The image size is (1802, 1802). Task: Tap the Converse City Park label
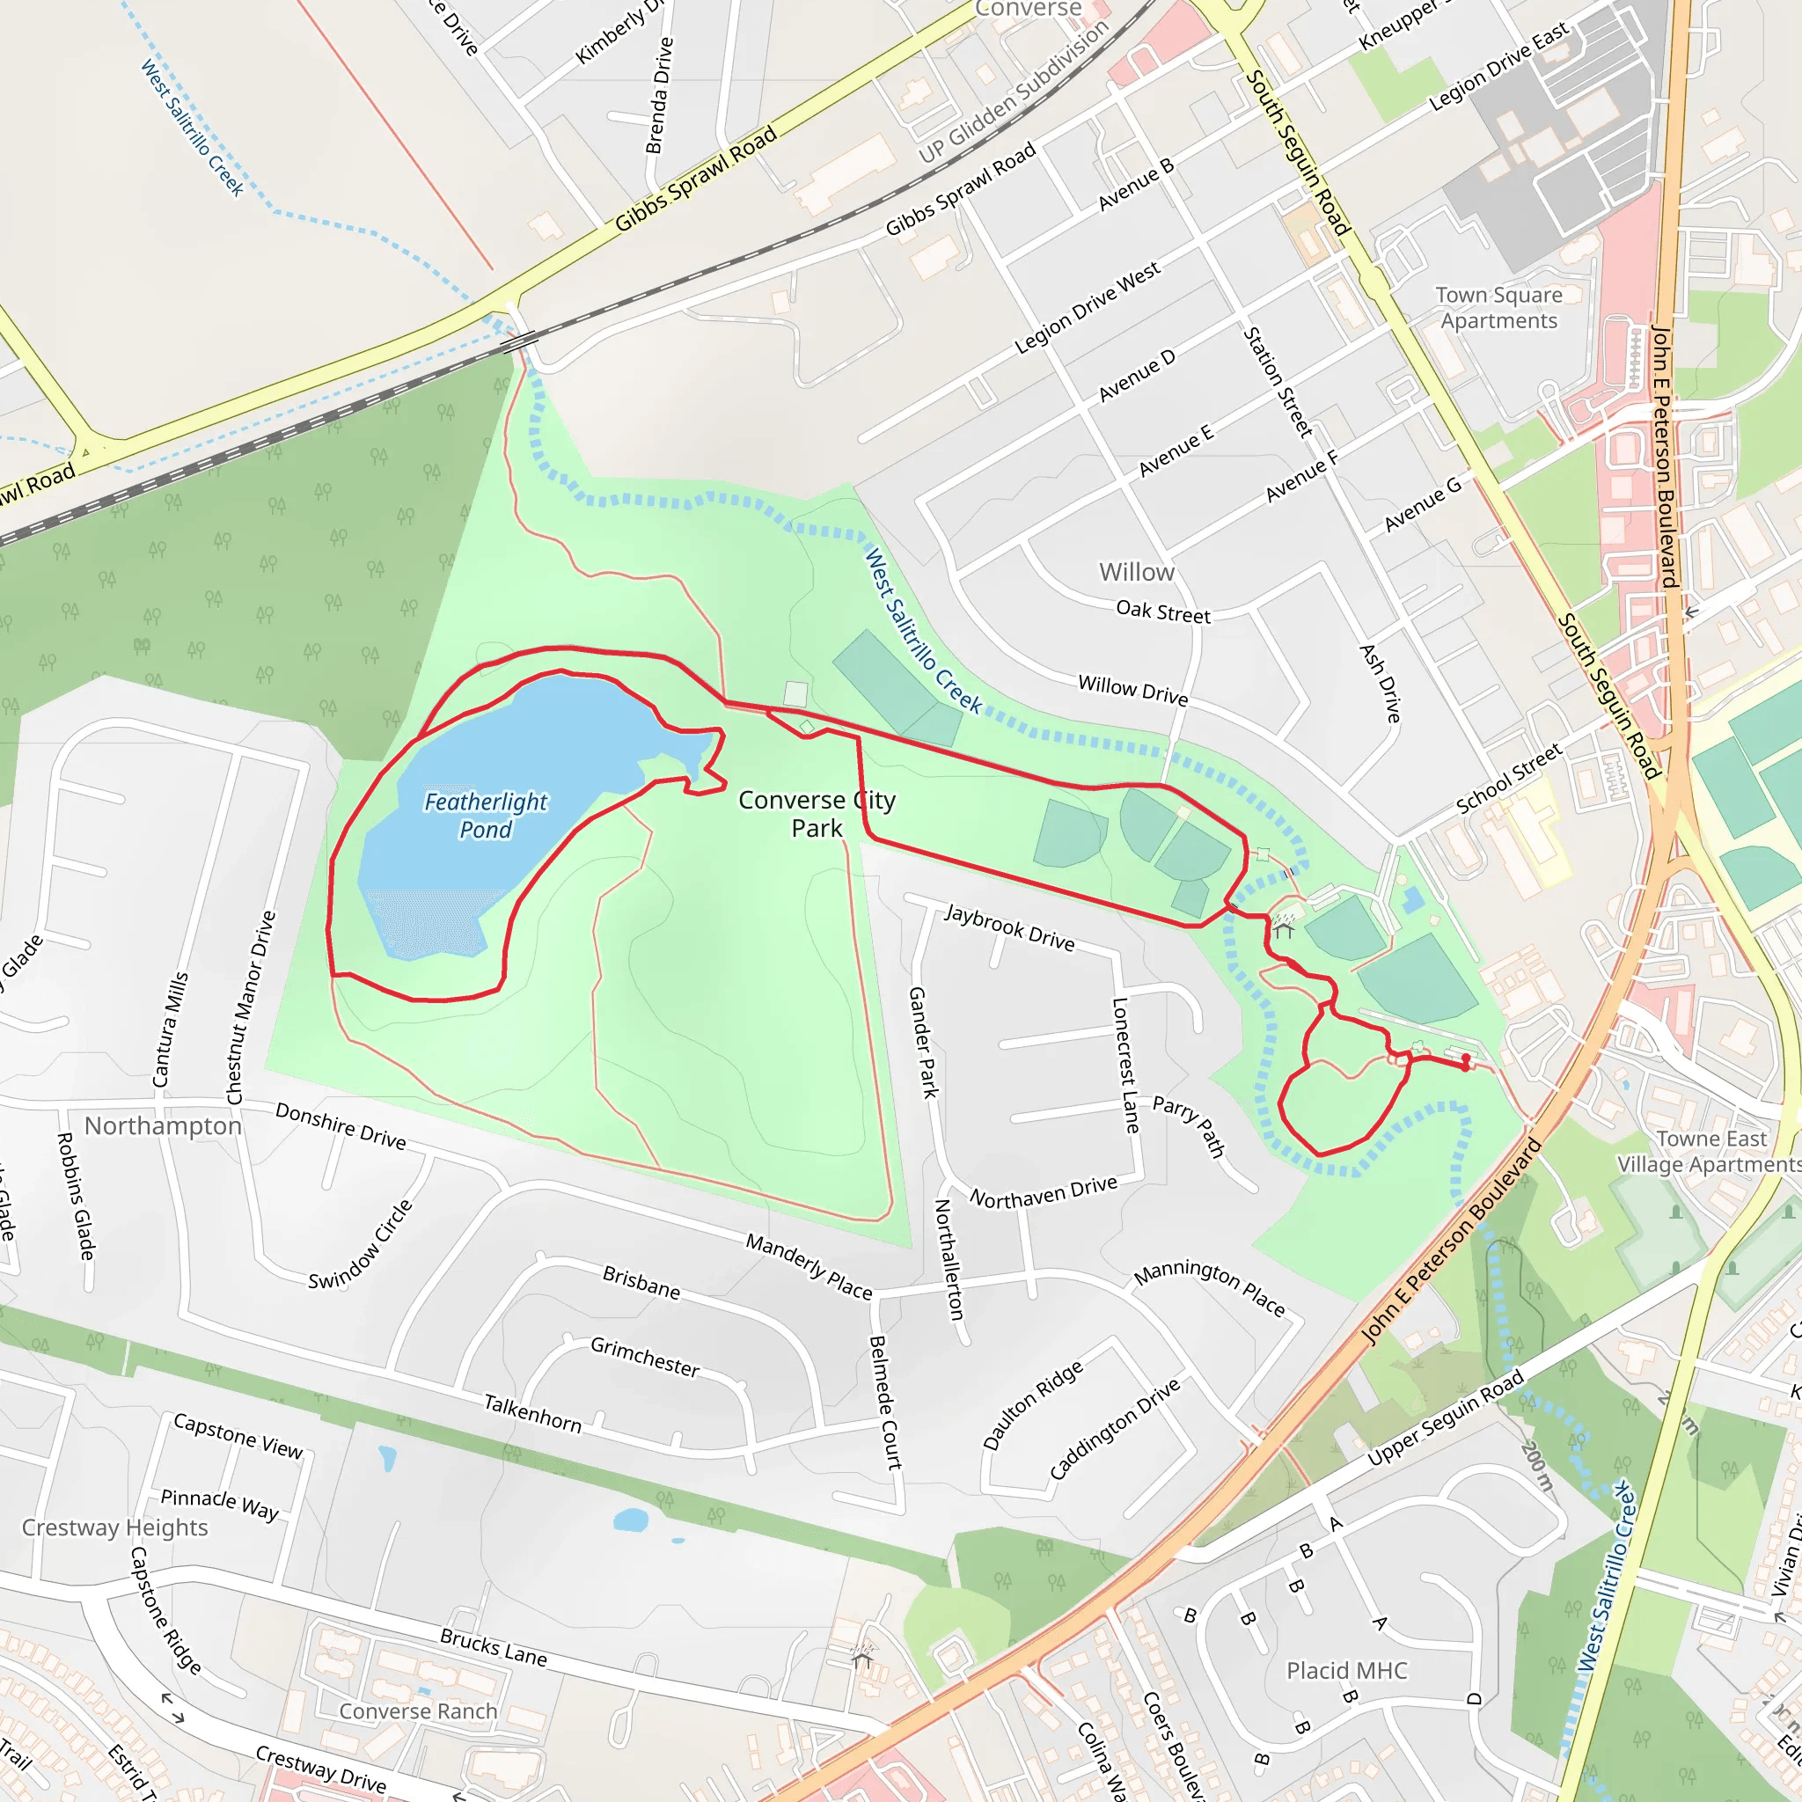pos(817,813)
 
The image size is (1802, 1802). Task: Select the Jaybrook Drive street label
pos(1009,927)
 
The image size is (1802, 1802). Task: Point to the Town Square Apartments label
pos(1498,308)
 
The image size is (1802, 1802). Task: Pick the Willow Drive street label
pos(1132,690)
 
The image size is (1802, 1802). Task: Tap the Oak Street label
pos(1163,612)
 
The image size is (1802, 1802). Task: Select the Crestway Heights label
pos(114,1527)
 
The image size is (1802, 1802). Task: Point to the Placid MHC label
pos(1346,1671)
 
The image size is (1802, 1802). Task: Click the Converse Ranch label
pos(418,1710)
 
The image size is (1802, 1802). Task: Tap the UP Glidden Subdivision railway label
pos(1014,91)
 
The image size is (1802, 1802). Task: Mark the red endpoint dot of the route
pos(1466,1058)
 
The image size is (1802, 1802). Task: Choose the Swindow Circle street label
pos(361,1244)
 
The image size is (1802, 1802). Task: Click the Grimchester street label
pos(644,1357)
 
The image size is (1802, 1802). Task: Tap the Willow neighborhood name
pos(1136,572)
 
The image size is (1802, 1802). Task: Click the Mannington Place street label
pos(1209,1287)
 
